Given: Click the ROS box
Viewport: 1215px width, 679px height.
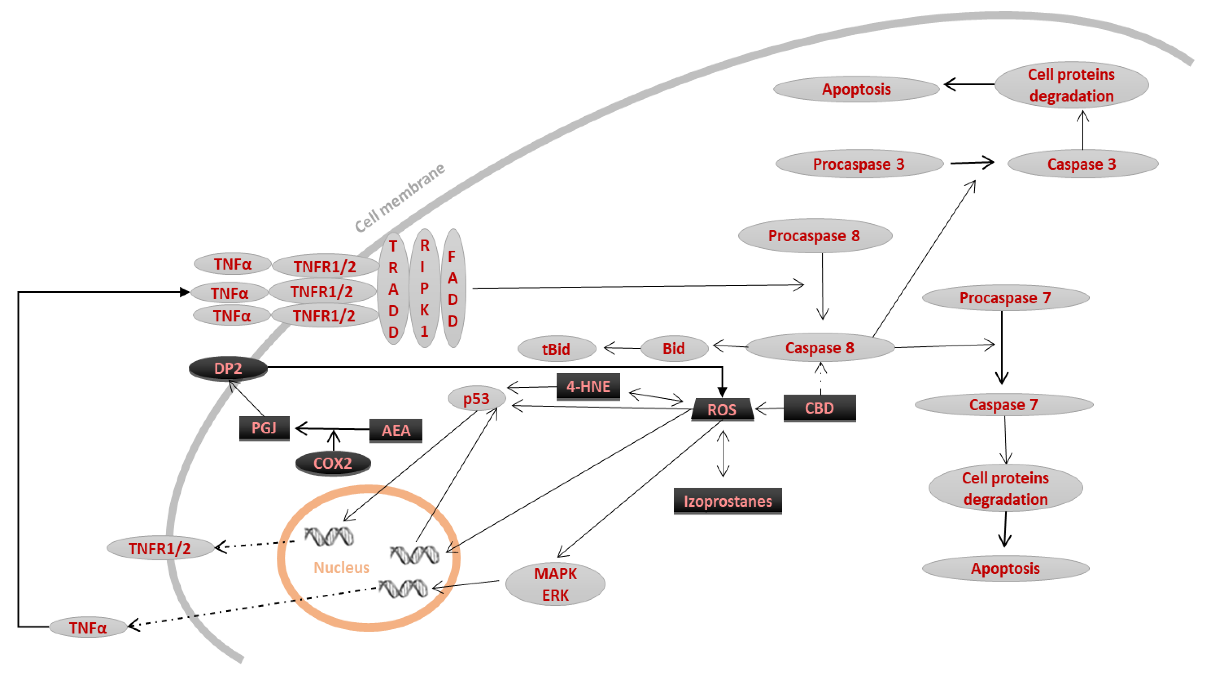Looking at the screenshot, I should [722, 409].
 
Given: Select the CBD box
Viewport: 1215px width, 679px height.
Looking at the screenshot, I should [819, 408].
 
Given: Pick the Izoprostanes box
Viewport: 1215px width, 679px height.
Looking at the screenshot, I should [727, 501].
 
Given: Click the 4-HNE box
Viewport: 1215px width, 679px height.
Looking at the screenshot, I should [588, 386].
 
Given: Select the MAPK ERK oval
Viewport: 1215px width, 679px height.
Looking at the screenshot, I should [555, 584].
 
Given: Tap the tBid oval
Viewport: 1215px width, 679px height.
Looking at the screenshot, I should [556, 349].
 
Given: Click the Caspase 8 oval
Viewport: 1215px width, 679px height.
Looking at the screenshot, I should [819, 348].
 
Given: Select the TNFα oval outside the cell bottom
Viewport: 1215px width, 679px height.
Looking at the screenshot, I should [88, 627].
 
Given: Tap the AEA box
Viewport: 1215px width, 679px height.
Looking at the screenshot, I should [395, 430].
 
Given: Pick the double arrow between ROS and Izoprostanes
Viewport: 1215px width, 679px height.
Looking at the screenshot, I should [723, 454].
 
